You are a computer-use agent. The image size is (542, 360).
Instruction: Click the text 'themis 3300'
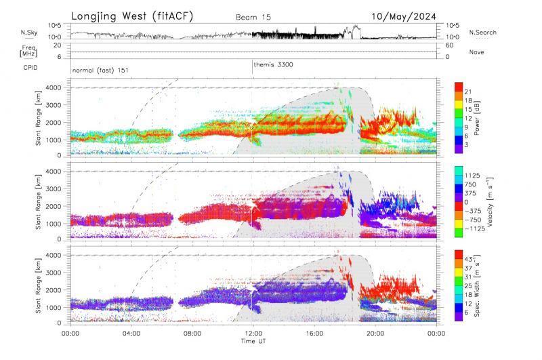click(273, 64)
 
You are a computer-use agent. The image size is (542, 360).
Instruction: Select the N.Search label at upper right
click(483, 33)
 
